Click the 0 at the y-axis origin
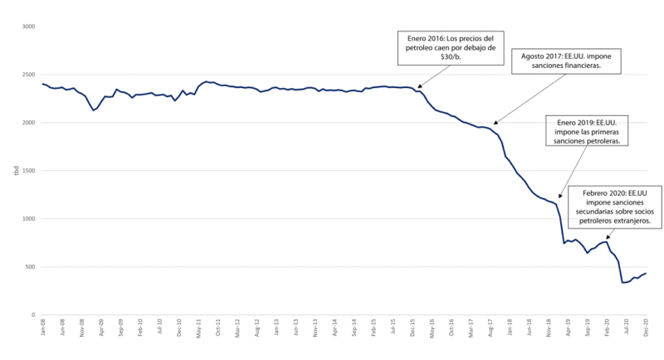[33, 315]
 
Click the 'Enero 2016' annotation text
[447, 48]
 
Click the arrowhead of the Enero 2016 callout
[418, 87]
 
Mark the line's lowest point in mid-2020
[623, 283]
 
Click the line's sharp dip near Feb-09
[94, 110]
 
